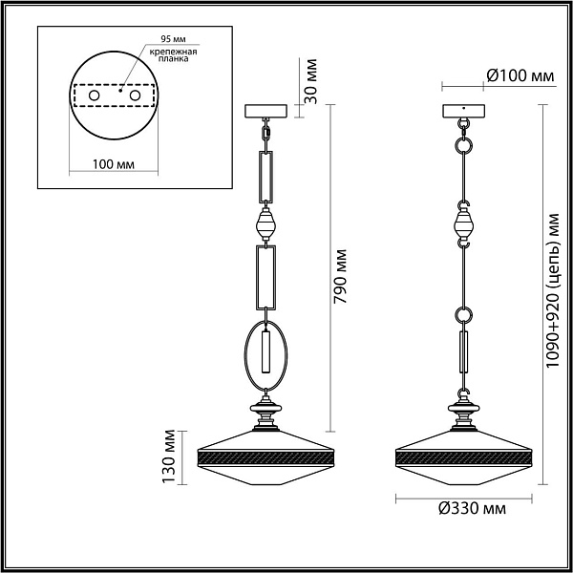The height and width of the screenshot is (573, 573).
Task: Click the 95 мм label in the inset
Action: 173,39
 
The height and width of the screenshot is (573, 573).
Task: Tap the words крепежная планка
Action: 173,54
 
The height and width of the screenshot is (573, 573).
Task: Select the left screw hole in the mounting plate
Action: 94,95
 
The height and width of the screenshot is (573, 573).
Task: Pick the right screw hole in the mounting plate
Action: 135,95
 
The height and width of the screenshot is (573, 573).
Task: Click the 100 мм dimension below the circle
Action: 114,164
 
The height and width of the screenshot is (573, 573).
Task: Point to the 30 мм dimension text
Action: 310,81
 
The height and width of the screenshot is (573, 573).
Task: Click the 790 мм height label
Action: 340,276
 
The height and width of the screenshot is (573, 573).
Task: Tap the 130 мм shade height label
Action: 169,456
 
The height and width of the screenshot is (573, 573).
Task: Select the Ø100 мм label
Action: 520,76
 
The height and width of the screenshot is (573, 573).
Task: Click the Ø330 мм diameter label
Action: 473,508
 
